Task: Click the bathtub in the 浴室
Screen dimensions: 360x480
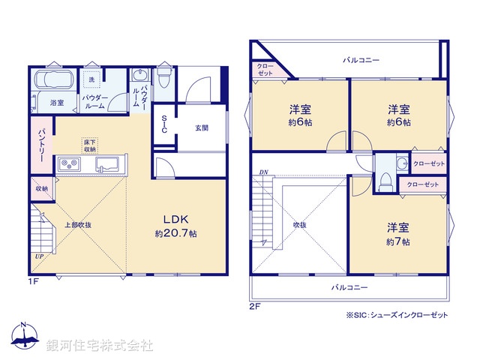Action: click(50, 80)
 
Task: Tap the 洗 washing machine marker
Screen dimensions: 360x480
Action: click(91, 80)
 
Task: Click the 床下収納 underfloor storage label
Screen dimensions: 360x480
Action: click(89, 145)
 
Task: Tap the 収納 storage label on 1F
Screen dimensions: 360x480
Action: click(40, 188)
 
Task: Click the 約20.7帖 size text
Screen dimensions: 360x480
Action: click(176, 234)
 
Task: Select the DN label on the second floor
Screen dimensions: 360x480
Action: click(263, 172)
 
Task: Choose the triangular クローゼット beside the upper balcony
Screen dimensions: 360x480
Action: click(265, 70)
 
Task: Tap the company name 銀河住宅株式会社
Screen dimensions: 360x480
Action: click(100, 346)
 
